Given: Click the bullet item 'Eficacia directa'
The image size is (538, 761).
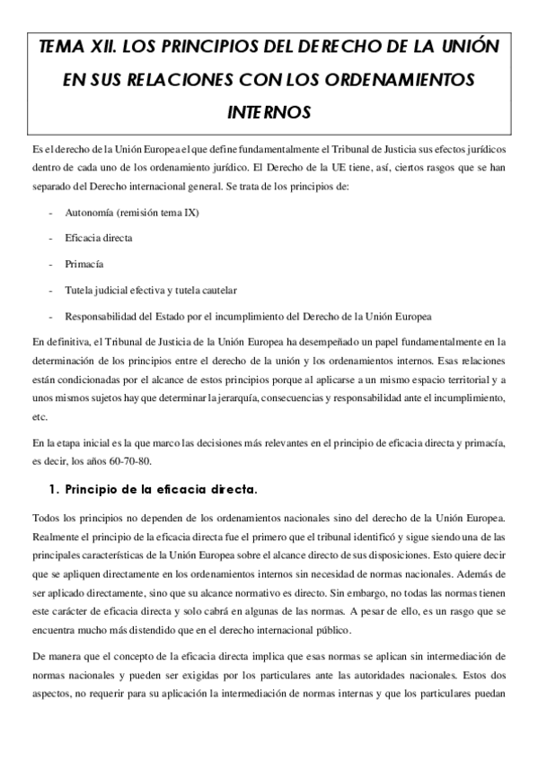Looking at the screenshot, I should [98, 240].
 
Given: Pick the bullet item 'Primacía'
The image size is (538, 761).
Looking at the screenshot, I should [83, 266].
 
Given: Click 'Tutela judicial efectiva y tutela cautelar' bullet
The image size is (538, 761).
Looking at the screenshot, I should [150, 291].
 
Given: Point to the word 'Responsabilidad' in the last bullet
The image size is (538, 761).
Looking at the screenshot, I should [101, 316].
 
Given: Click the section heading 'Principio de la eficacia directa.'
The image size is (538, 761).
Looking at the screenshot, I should [160, 490].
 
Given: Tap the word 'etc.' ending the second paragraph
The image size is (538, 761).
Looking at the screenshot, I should [39, 417].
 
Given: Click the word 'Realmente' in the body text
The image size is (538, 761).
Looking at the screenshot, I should [55, 535].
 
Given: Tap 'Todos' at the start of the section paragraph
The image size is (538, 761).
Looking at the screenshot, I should [45, 518].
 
